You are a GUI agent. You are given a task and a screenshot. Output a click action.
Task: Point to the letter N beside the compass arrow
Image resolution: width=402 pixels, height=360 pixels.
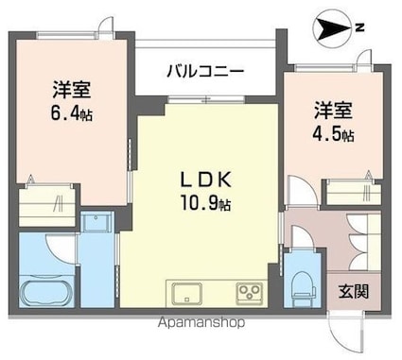point(358,29)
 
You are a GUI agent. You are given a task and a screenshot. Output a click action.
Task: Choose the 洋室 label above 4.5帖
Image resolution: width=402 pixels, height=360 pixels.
point(333,111)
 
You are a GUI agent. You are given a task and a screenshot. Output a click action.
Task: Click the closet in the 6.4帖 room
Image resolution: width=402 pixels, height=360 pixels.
point(47,200)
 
